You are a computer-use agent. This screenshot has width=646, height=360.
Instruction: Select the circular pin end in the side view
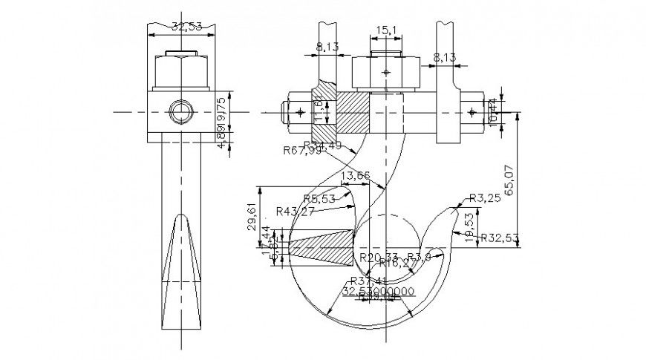(180, 113)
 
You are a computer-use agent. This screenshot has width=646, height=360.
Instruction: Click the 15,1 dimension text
(385, 30)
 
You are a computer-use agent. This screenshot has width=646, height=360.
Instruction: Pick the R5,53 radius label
(319, 198)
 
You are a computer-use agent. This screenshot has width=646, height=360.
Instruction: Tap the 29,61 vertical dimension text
(252, 218)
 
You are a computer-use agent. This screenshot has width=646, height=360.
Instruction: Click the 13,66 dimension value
(354, 176)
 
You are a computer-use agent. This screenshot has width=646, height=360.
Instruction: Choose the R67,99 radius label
(302, 151)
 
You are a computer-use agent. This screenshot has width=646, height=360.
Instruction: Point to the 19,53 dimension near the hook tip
(468, 225)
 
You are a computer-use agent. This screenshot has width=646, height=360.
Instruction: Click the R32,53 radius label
(498, 238)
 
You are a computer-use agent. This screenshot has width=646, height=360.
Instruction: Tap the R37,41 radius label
(368, 281)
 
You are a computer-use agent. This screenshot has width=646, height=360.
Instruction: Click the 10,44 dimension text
(494, 113)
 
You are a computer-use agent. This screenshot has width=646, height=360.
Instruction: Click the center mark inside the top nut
(384, 72)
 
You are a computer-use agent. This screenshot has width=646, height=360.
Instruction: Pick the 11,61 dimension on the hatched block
(319, 110)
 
